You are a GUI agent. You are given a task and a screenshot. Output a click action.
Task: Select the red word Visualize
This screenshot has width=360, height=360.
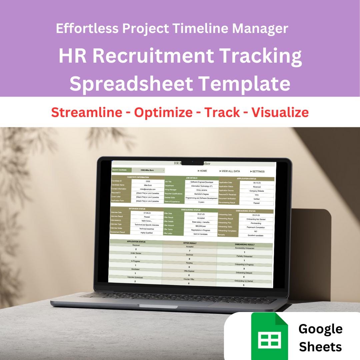coord(280,112)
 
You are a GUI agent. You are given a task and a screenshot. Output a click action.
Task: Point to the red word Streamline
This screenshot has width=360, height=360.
coord(87,112)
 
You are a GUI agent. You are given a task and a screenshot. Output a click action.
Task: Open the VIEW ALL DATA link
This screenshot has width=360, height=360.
coord(230,171)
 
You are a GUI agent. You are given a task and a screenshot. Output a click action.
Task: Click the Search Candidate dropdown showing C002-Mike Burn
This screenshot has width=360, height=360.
coord(148,170)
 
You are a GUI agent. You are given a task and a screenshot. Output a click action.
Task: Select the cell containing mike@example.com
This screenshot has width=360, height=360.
coord(148,189)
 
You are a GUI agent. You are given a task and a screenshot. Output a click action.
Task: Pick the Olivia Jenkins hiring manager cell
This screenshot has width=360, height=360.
coord(201,190)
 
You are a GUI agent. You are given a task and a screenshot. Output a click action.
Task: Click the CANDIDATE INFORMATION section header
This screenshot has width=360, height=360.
coord(138,177)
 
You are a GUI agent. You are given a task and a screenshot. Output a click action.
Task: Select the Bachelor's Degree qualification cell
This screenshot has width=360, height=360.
coord(201,194)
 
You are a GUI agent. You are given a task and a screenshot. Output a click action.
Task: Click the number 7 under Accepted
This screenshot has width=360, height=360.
coord(189,250)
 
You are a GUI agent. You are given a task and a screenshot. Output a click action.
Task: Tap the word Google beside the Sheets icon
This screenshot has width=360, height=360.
coord(320,329)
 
